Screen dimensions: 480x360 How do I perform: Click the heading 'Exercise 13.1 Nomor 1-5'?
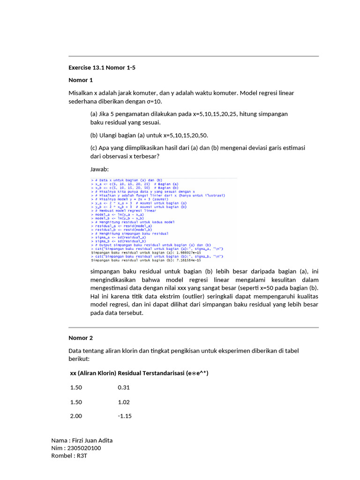tap(102, 67)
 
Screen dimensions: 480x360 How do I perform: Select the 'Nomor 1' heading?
tap(81, 80)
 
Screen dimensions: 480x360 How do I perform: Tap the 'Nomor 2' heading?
tap(81, 337)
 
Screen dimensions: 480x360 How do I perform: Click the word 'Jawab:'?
tap(99, 169)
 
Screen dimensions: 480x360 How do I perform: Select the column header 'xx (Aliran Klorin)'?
tap(93, 373)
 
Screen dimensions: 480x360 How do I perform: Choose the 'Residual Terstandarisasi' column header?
tap(151, 373)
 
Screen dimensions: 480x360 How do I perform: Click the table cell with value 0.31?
tap(124, 388)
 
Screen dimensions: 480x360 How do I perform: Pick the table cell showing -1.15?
tap(125, 416)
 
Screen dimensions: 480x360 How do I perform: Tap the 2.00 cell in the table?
tap(76, 416)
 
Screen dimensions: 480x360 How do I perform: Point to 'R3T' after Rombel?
tap(82, 455)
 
